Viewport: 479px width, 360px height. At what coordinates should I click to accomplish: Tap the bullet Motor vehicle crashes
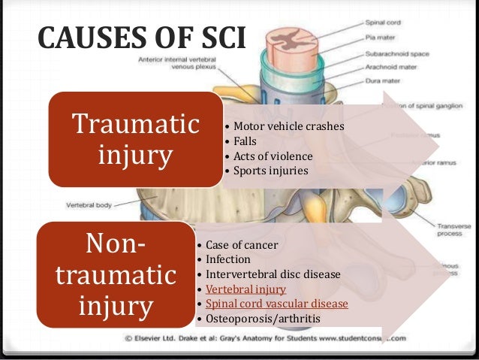(x=288, y=126)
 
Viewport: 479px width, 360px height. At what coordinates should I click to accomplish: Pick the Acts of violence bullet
(x=273, y=156)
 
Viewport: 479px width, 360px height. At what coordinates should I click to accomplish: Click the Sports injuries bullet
(x=271, y=171)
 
